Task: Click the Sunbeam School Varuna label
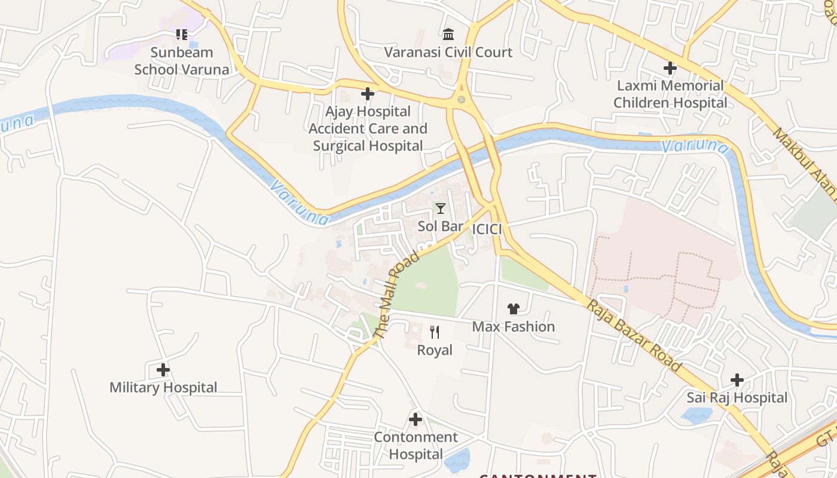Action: (182, 61)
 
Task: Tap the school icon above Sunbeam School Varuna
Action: (182, 35)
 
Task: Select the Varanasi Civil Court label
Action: (448, 52)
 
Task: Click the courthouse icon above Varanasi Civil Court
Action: (448, 34)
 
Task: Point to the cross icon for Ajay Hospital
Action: (368, 94)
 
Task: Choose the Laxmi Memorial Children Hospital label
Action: (670, 94)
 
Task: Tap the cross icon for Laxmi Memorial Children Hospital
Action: (670, 68)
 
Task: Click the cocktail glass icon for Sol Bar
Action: (441, 209)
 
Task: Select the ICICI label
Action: (487, 229)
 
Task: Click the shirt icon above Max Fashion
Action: (514, 309)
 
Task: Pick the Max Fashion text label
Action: (514, 327)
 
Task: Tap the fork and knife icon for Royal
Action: (435, 332)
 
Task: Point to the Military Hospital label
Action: (163, 388)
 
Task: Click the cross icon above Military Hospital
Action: (163, 370)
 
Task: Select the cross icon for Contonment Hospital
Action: (416, 419)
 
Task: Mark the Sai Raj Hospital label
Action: (737, 398)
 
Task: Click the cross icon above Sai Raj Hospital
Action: (737, 380)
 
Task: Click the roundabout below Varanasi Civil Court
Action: (461, 99)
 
